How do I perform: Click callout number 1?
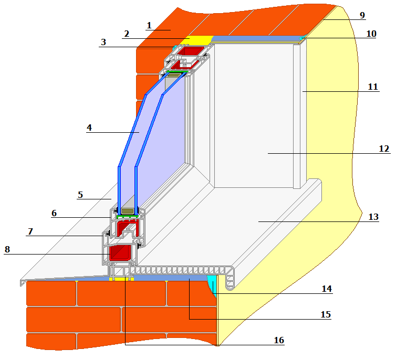pos(149,25)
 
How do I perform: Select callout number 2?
pos(126,34)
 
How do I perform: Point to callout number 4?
pos(89,128)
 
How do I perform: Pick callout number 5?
pos(80,195)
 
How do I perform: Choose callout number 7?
pos(30,231)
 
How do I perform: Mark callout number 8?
pos(7,250)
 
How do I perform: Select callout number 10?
pos(371,34)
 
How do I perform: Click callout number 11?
pos(373,87)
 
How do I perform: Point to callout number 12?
pos(384,149)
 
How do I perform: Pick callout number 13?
pos(373,217)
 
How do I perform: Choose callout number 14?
pos(327,289)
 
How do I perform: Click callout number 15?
pos(325,314)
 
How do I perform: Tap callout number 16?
pos(278,341)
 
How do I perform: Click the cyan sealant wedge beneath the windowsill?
pos(212,283)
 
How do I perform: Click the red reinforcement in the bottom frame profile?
pos(120,253)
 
